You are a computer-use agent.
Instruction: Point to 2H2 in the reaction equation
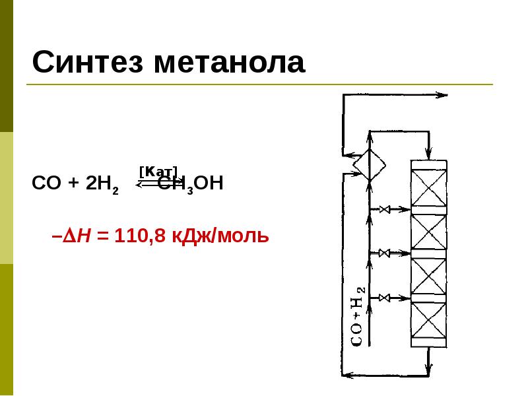tap(102, 184)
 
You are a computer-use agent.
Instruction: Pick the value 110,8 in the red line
tap(139, 235)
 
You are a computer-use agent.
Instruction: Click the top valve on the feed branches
tap(385, 210)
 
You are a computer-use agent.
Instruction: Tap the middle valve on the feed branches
tap(385, 253)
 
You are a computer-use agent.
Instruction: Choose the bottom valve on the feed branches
tap(385, 298)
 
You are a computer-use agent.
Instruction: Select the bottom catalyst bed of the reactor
tap(429, 323)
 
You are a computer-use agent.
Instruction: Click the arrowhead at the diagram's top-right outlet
tap(444, 96)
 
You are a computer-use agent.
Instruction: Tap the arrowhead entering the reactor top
tap(429, 153)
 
